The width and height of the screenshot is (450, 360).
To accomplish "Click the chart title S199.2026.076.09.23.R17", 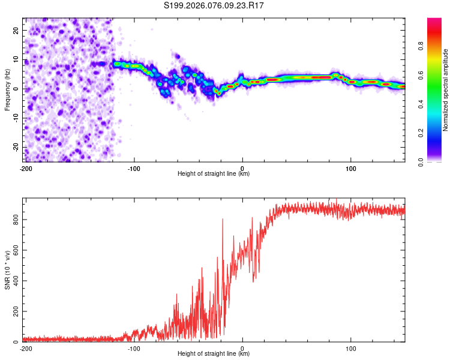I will [x=214, y=5].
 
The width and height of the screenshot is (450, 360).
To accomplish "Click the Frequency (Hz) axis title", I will [x=8, y=89].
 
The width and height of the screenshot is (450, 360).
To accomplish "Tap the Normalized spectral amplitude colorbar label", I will [x=446, y=89].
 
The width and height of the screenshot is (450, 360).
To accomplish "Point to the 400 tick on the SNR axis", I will [x=14, y=281].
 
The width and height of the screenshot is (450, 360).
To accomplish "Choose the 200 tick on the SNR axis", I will [x=14, y=311].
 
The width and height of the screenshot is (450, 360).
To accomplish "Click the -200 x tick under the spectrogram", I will [x=26, y=168].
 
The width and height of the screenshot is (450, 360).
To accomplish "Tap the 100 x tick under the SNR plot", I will [x=351, y=348].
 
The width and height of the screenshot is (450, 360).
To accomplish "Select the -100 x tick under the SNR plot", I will [x=134, y=348].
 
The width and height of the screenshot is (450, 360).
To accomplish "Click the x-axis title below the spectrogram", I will [x=214, y=174].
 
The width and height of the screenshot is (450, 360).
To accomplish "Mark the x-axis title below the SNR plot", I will [x=214, y=354].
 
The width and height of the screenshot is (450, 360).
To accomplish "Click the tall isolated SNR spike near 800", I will [x=223, y=220].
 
